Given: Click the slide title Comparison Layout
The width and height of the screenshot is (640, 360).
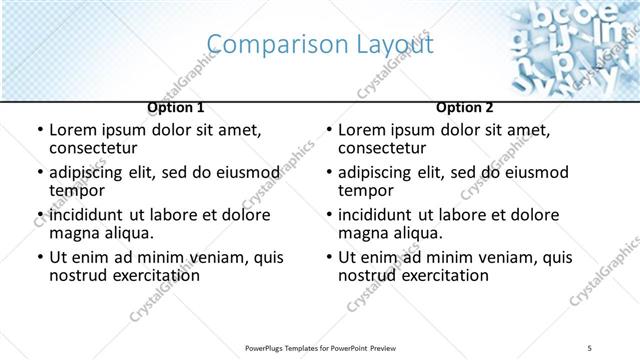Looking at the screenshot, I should point(319,44).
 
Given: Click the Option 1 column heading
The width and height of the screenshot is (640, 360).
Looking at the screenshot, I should point(176,107).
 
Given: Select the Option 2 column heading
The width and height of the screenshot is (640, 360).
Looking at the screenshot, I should point(465,107).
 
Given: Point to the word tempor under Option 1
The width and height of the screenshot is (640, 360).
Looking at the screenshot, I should point(76,191).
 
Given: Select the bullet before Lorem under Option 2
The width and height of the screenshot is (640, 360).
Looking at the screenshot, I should point(329,131).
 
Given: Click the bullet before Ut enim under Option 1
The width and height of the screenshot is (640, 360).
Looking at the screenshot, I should point(40,258).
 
